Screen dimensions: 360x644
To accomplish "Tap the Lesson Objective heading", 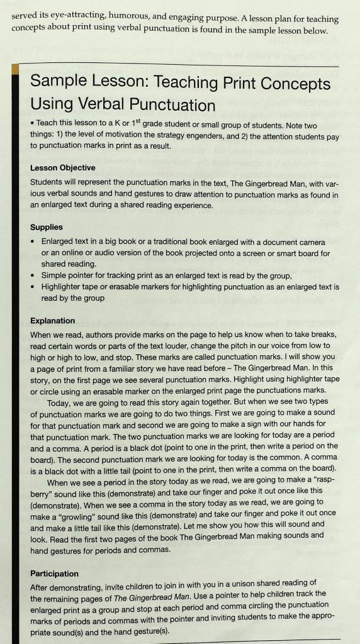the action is click(x=63, y=168).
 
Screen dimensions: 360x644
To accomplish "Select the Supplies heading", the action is click(x=47, y=227).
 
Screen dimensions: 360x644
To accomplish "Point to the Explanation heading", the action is click(x=53, y=321).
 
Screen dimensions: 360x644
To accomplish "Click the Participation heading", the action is click(x=55, y=574).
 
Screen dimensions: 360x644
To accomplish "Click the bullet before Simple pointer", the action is click(x=33, y=275).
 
